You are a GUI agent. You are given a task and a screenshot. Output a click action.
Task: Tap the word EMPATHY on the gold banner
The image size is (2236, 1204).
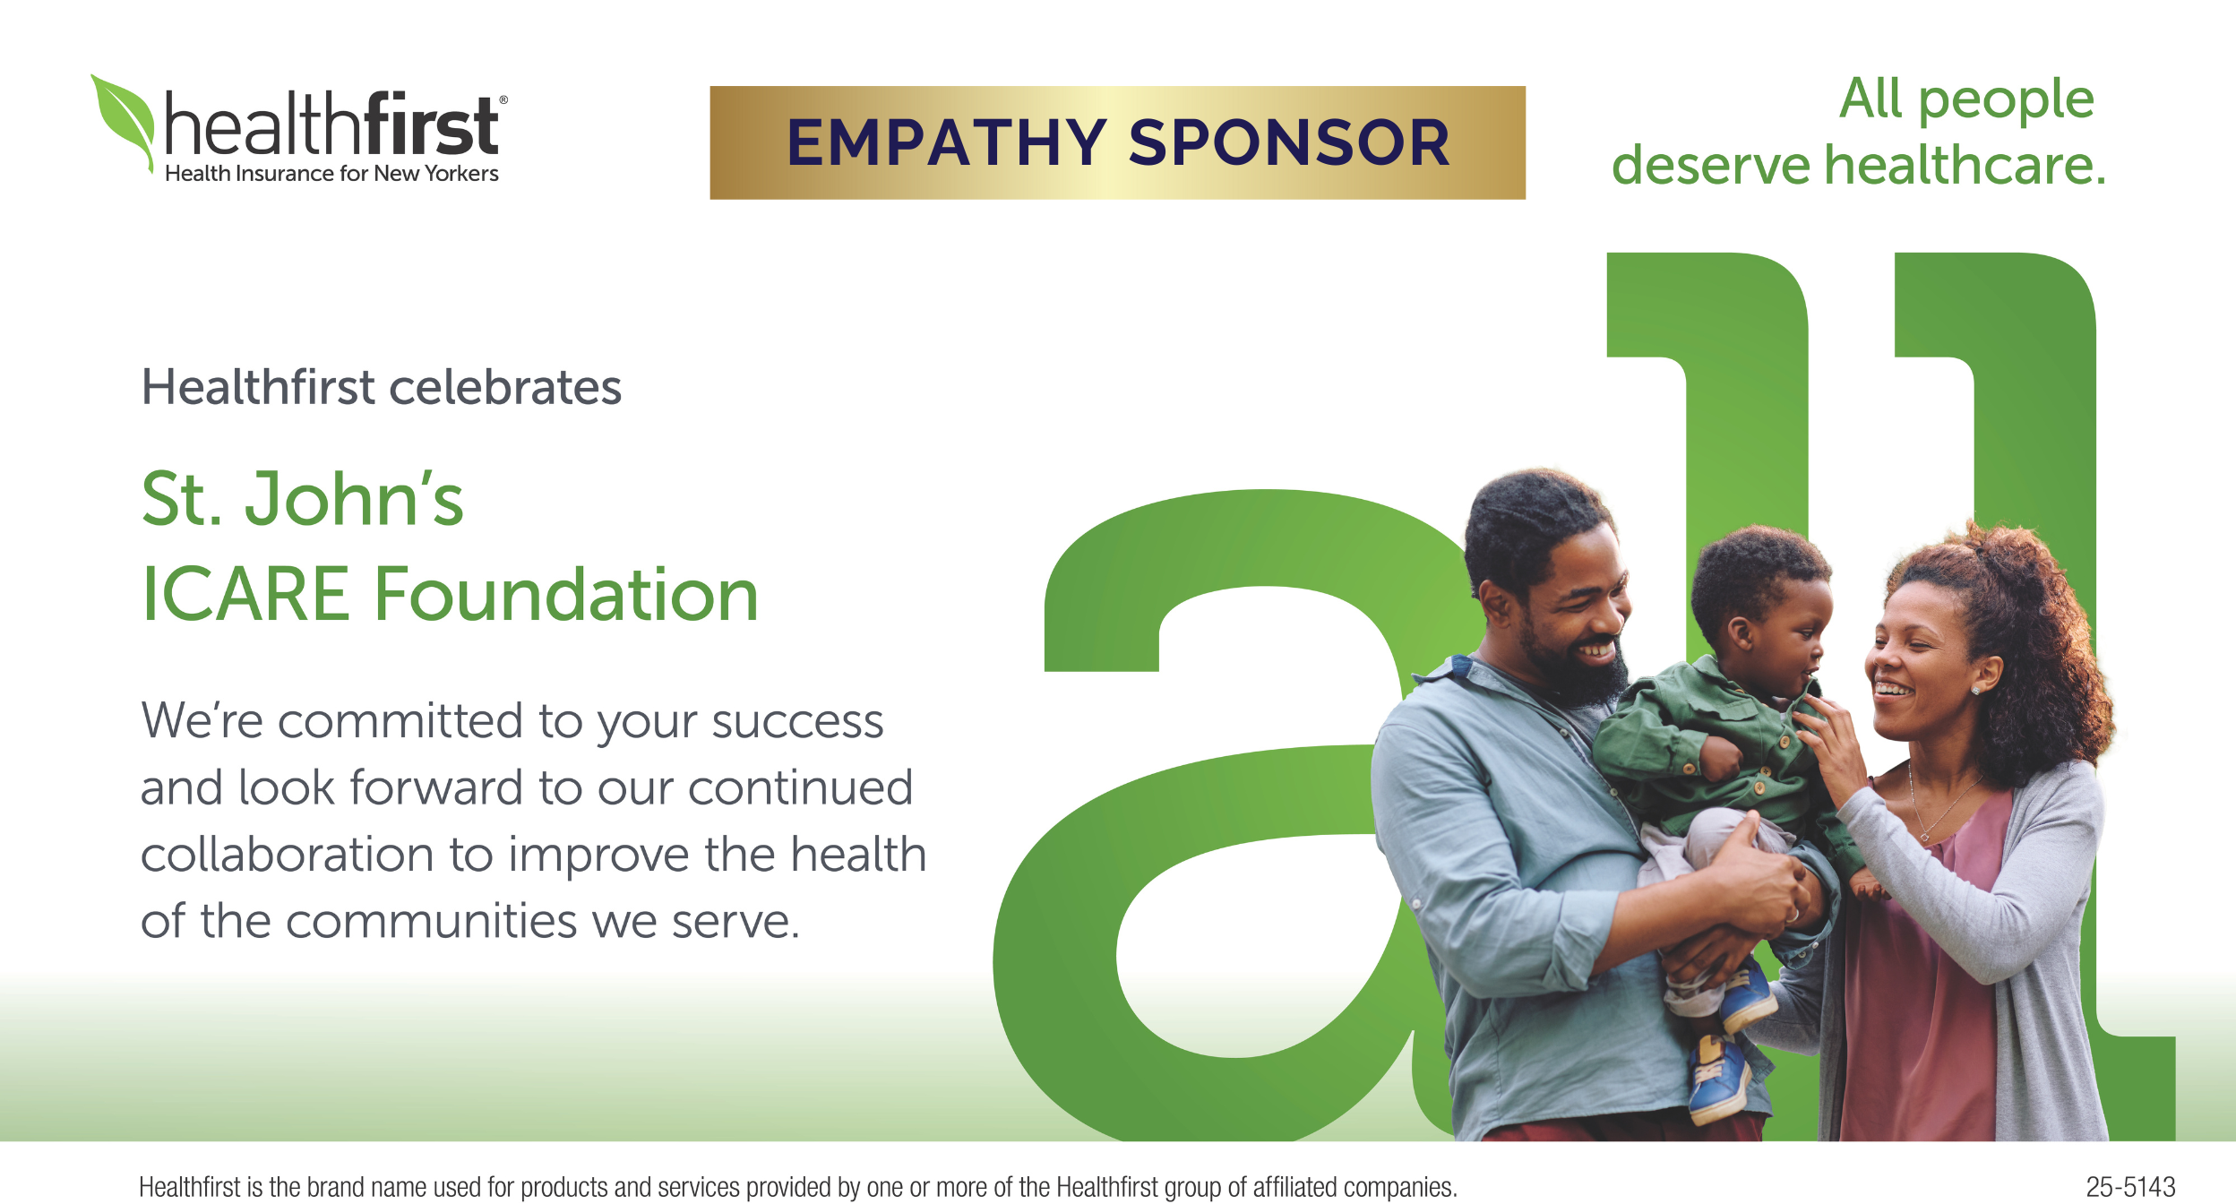tap(947, 143)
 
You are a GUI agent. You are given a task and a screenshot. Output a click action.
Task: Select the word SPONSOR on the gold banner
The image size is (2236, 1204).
tap(1289, 143)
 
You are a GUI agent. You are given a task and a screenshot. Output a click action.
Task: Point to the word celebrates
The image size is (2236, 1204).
tap(505, 387)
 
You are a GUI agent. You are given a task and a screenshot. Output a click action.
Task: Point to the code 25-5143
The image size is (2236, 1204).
tap(2130, 1187)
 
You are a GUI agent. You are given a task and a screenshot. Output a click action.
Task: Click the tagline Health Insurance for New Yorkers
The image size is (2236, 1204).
tap(331, 174)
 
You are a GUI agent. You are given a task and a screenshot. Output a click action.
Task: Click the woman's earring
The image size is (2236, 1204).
tap(1974, 690)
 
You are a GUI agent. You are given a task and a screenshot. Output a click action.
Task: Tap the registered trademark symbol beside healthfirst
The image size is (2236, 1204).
tap(503, 100)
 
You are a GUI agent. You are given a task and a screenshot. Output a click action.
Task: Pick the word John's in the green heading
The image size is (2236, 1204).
tap(355, 499)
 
